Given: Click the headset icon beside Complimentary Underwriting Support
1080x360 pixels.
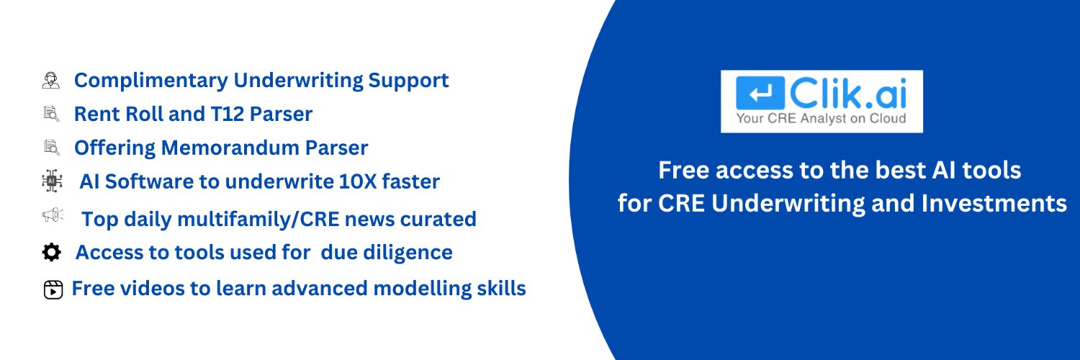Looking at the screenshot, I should pyautogui.click(x=50, y=80).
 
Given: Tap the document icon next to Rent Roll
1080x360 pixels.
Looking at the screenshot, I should pyautogui.click(x=50, y=114).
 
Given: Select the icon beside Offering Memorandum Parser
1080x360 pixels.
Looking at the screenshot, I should pyautogui.click(x=50, y=148).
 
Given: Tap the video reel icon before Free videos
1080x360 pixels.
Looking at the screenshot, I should pyautogui.click(x=53, y=289).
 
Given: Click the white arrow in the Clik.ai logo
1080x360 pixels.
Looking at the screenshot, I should pyautogui.click(x=760, y=93).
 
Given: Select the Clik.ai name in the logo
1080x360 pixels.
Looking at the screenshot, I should pyautogui.click(x=846, y=92).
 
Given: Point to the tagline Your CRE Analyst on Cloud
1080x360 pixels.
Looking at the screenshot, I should pyautogui.click(x=821, y=119).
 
